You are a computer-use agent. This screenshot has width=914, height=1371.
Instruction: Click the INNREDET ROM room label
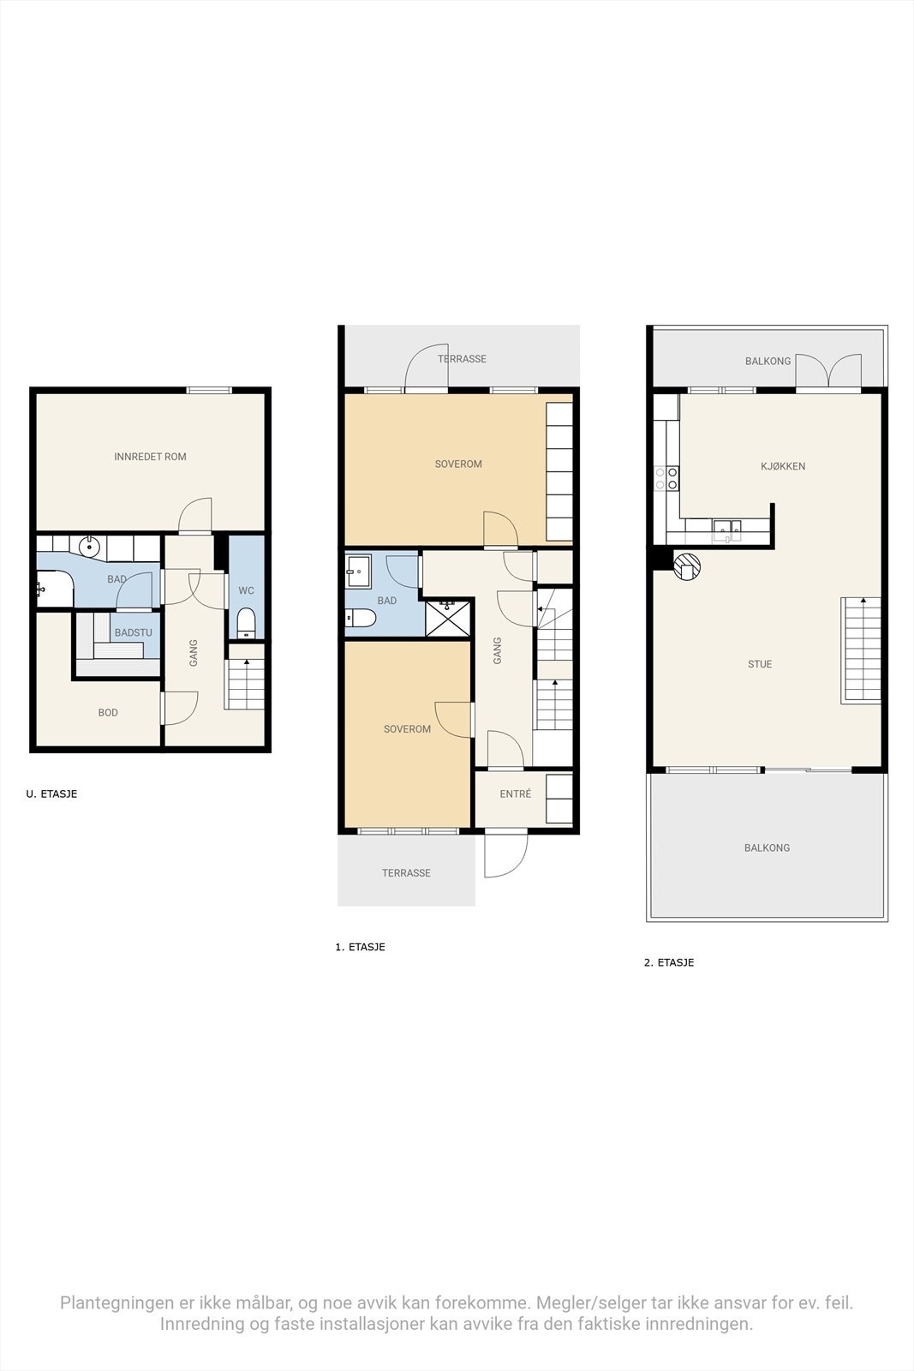click(150, 457)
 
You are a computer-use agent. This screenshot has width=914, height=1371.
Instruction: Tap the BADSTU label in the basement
click(133, 632)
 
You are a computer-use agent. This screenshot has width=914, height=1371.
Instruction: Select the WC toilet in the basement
click(246, 623)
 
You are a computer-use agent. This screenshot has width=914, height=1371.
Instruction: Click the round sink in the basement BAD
click(90, 545)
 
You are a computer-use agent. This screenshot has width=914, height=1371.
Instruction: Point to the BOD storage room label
click(108, 712)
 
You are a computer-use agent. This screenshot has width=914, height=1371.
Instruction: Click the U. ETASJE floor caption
click(51, 793)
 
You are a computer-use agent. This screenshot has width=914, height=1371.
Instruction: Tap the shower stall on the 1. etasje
click(448, 617)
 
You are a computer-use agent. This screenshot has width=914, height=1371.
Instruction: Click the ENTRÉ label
click(516, 794)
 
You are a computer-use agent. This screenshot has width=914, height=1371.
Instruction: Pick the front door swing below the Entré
click(505, 855)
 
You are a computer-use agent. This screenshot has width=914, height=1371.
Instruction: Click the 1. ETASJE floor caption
click(360, 947)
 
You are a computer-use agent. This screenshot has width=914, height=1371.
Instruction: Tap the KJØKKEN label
click(783, 466)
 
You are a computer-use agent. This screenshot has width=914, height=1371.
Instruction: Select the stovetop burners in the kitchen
click(666, 478)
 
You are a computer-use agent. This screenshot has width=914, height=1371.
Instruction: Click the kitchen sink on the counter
click(727, 528)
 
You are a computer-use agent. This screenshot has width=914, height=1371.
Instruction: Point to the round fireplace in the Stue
click(687, 566)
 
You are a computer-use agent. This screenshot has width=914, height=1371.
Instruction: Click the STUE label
click(760, 664)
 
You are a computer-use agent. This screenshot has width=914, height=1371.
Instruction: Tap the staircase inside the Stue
click(861, 650)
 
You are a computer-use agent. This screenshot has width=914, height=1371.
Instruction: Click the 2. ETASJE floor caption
click(669, 962)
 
